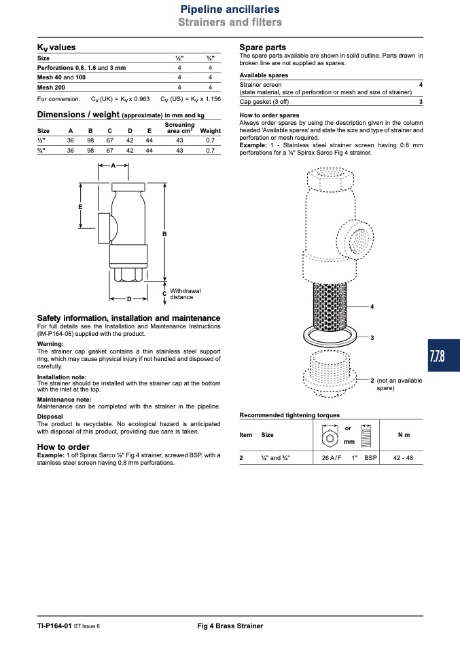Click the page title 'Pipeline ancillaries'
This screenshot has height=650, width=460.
pyautogui.click(x=230, y=9)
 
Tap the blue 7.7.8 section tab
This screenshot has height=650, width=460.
pyautogui.click(x=444, y=356)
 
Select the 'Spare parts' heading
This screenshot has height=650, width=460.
pyautogui.click(x=262, y=47)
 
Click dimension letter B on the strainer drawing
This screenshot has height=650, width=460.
pyautogui.click(x=164, y=234)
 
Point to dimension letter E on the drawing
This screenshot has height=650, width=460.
pyautogui.click(x=81, y=207)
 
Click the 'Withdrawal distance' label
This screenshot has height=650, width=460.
pyautogui.click(x=185, y=294)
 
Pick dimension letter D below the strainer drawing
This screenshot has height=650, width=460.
pyautogui.click(x=129, y=299)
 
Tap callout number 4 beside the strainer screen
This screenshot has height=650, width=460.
pyautogui.click(x=372, y=307)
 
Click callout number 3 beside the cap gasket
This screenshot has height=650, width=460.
pyautogui.click(x=372, y=338)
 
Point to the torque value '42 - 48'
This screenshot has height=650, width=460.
pyautogui.click(x=403, y=458)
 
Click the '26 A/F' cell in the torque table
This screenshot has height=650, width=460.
pyautogui.click(x=332, y=458)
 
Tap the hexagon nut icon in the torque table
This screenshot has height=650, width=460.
pyautogui.click(x=330, y=438)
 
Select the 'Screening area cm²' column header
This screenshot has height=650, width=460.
pyautogui.click(x=179, y=128)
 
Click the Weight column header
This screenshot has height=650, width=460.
pyautogui.click(x=211, y=130)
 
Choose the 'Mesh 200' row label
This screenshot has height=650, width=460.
pyautogui.click(x=51, y=88)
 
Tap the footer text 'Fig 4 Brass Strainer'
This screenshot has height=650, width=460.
pyautogui.click(x=230, y=626)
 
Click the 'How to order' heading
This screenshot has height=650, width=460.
pyautogui.click(x=63, y=447)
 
